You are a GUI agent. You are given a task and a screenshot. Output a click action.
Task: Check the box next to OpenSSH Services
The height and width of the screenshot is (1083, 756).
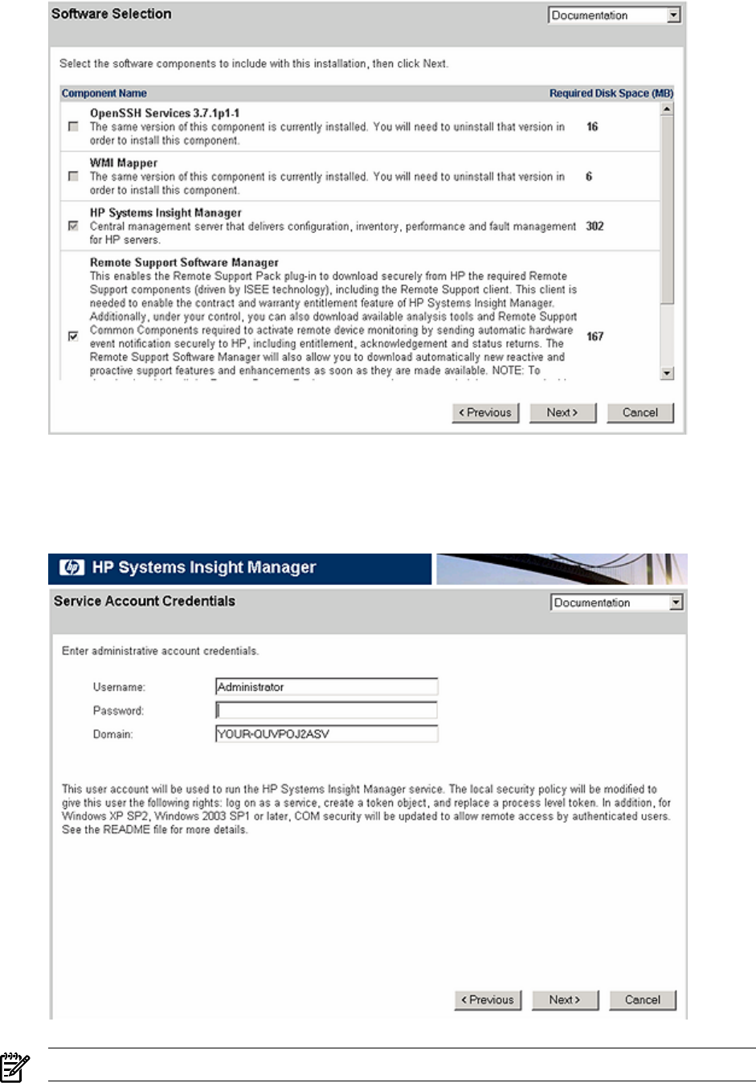click(x=74, y=127)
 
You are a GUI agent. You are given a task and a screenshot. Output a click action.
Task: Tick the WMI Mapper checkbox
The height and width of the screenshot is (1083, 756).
click(x=74, y=176)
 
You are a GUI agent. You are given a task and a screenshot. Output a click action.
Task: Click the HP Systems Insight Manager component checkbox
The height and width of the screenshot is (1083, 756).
click(x=74, y=226)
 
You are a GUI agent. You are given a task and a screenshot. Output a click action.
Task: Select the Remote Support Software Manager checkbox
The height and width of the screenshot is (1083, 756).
click(x=74, y=336)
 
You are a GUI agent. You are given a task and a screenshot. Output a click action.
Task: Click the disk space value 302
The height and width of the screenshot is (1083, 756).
click(x=595, y=227)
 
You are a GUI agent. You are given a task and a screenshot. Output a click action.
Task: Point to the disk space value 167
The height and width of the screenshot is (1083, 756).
click(x=595, y=337)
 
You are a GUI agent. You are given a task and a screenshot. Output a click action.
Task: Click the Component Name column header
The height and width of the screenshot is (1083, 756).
click(x=104, y=93)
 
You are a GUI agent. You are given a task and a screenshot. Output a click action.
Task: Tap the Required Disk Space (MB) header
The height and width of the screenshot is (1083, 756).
click(x=611, y=93)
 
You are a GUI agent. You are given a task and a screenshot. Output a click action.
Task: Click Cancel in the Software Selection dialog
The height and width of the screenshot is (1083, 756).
click(x=640, y=413)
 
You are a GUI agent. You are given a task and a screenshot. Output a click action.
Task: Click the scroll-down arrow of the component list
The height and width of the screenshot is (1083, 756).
click(x=667, y=373)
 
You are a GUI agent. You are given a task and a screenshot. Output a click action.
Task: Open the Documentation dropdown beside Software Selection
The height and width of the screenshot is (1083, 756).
click(x=615, y=15)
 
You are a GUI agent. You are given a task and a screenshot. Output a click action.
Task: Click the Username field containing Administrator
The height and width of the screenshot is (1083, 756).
click(x=327, y=687)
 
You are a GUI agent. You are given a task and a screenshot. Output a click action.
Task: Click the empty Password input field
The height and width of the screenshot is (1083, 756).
click(x=327, y=710)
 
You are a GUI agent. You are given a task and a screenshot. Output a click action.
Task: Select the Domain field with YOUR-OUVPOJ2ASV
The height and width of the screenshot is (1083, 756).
click(x=327, y=734)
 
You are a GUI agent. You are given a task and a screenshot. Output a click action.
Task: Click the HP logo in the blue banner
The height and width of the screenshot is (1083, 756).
click(x=72, y=568)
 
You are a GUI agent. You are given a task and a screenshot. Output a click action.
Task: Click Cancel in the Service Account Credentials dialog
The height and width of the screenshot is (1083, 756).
click(x=642, y=1000)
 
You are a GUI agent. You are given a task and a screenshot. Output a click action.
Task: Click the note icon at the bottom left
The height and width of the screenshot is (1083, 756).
click(x=14, y=1067)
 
